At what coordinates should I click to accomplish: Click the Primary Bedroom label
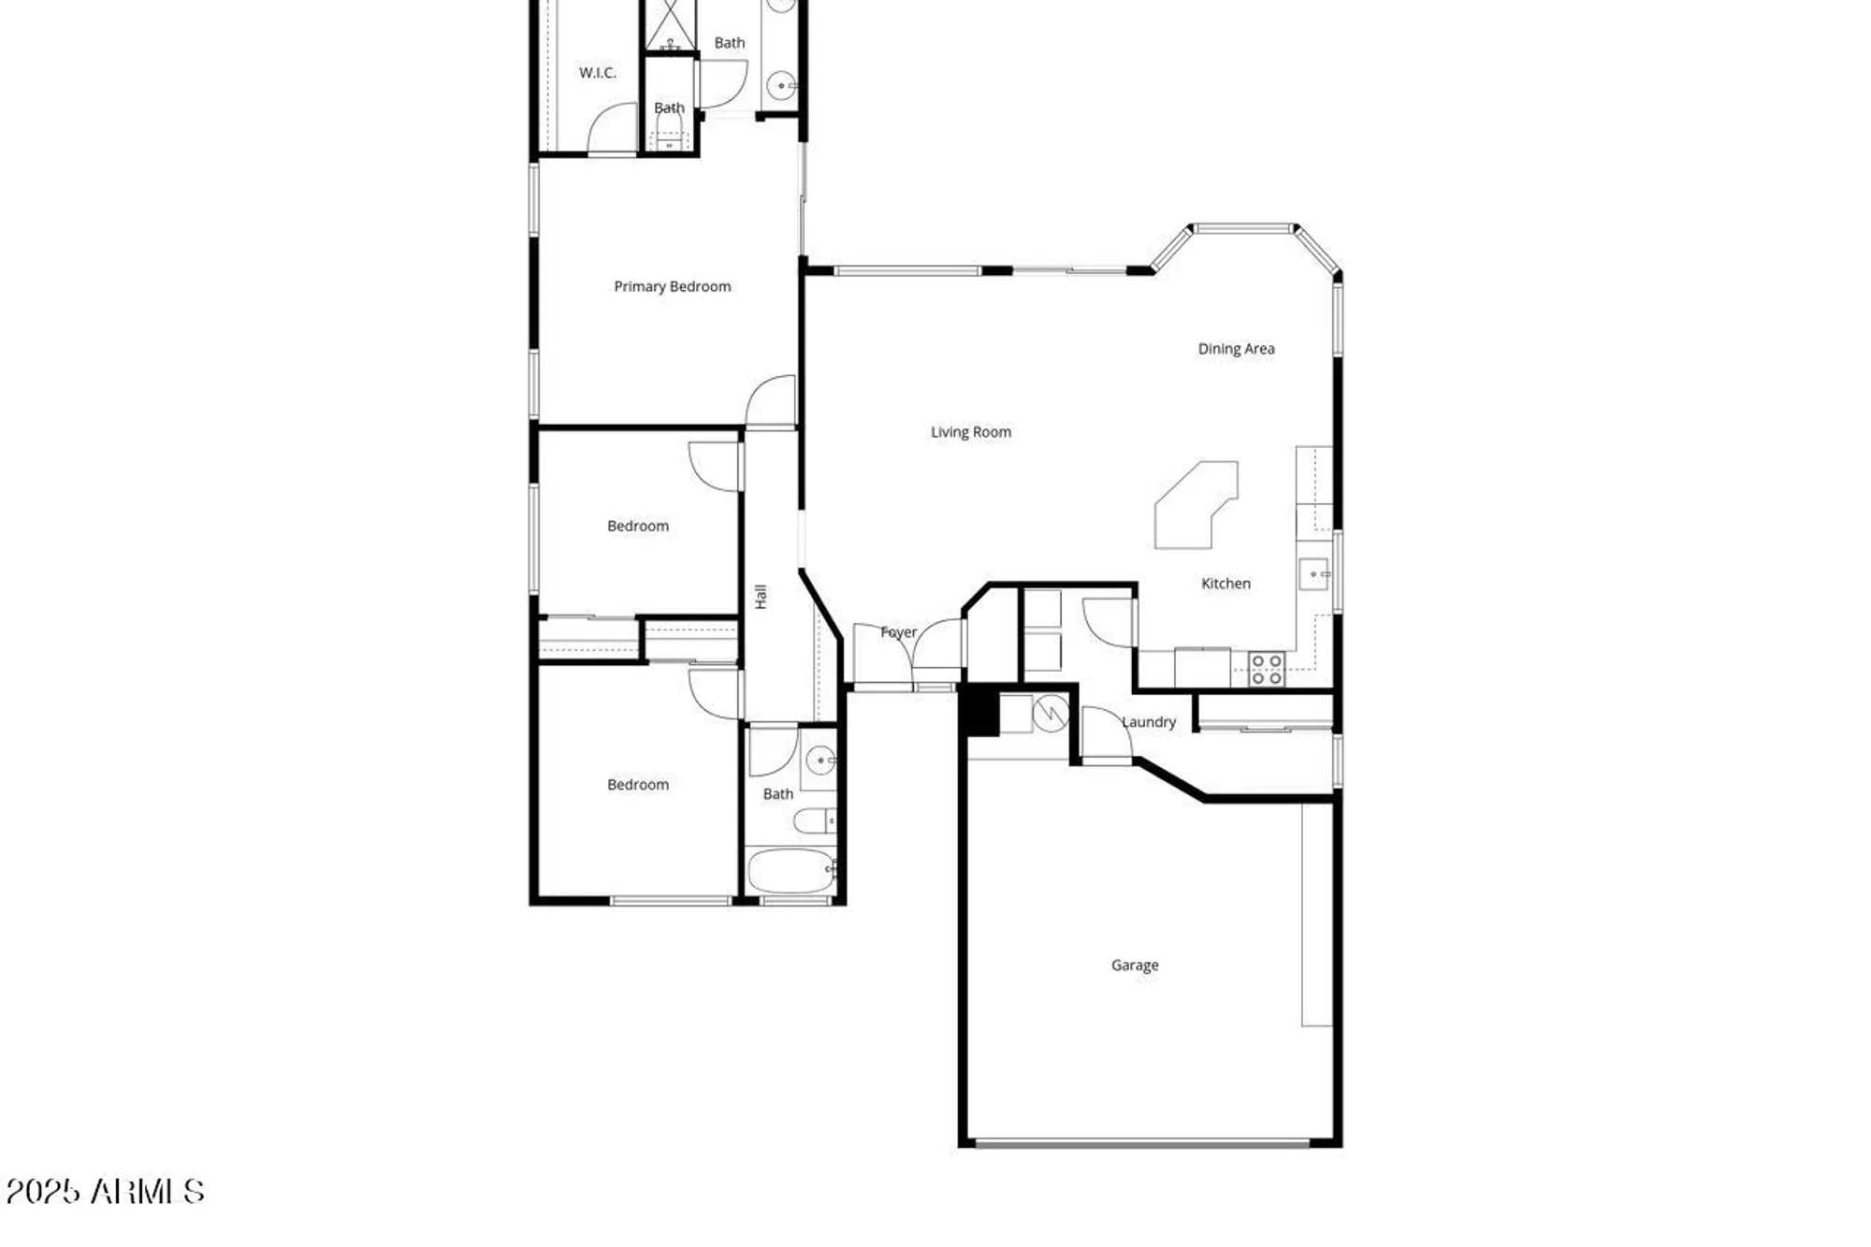click(x=672, y=286)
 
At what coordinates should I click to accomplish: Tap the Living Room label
click(x=970, y=431)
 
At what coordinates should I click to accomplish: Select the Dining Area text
click(x=1236, y=348)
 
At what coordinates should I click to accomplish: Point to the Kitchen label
click(x=1226, y=583)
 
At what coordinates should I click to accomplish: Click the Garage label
click(x=1135, y=964)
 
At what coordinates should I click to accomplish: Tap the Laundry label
click(x=1149, y=721)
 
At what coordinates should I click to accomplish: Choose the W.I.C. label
click(x=597, y=72)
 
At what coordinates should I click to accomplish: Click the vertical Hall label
click(x=761, y=596)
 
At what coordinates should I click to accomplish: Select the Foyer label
click(x=898, y=631)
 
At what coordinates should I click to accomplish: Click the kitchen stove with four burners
click(x=1267, y=669)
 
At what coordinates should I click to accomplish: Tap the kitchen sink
click(x=1313, y=573)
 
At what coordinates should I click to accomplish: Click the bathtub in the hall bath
click(x=790, y=871)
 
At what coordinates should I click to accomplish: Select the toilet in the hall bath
click(x=814, y=821)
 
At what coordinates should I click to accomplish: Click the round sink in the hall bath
click(x=820, y=760)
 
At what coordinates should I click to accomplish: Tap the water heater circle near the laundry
click(x=1051, y=713)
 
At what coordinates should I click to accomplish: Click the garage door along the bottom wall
click(x=1141, y=1142)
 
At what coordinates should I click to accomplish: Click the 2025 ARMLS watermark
click(x=105, y=1191)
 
